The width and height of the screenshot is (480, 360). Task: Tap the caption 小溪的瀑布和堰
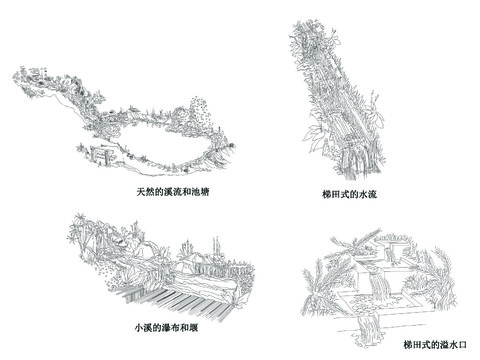tap(159, 327)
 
